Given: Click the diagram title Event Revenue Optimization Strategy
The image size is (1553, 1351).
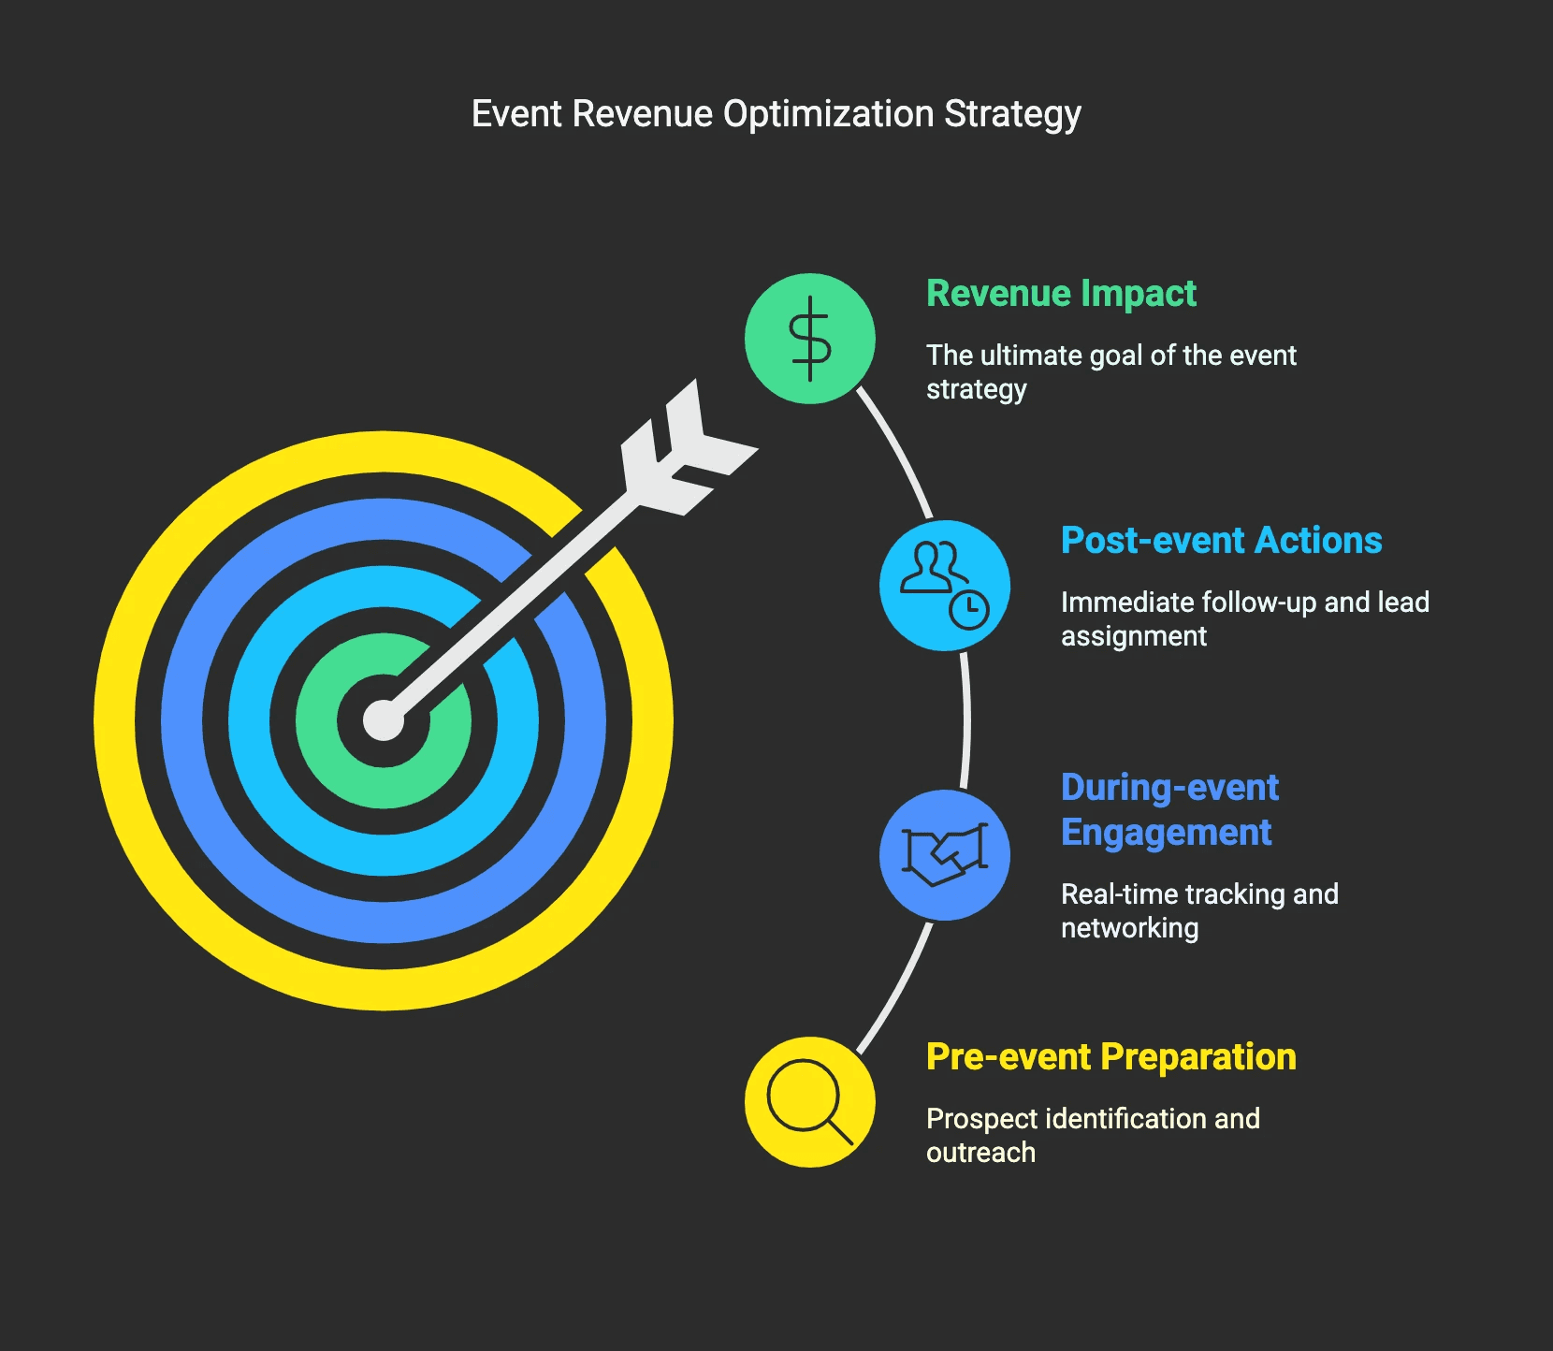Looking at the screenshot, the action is coord(776,114).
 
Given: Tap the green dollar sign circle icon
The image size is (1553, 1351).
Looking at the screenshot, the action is coord(810,339).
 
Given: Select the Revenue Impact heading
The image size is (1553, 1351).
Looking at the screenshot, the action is coord(1061,294).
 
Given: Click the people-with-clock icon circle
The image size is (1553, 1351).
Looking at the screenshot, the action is coord(945,586).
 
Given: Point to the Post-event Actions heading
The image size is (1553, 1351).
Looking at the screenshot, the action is coord(1221,541).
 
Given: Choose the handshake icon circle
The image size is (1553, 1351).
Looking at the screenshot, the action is coord(945,855).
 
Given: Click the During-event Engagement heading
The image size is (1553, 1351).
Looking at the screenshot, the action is coord(1169,809).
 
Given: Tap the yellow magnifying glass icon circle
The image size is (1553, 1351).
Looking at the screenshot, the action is coord(810,1102).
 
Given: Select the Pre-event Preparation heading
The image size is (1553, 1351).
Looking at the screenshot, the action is coord(1110,1057).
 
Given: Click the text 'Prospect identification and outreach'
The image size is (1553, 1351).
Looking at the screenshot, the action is coord(1093,1135).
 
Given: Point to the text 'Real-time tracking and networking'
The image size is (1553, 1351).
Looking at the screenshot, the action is coord(1198,910).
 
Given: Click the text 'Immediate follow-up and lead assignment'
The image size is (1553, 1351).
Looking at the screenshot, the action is coord(1244,618).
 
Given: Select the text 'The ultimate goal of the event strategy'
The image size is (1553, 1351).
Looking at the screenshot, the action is coord(1110,371).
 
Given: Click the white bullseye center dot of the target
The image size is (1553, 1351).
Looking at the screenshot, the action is coord(384,720).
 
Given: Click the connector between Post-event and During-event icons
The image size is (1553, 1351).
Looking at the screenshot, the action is coord(966,720).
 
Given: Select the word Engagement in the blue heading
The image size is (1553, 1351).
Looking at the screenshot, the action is coord(1166,833).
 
